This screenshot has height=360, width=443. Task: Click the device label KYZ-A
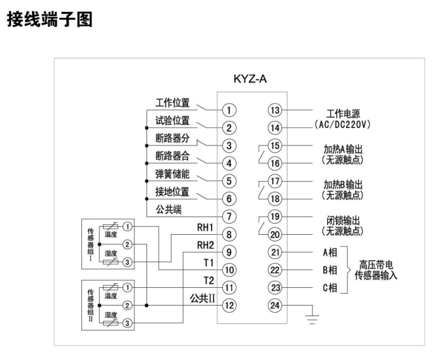[x=251, y=80]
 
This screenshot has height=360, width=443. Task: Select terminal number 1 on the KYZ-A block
[x=229, y=110]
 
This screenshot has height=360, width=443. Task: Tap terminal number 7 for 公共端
[x=229, y=216]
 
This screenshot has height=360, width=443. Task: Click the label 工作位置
[x=172, y=103]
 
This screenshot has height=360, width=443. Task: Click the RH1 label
[x=206, y=228]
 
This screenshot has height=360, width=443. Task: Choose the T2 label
[x=209, y=281]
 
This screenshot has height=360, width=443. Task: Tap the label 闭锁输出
[x=338, y=220]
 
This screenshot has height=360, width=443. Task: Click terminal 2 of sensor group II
[x=127, y=305]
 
